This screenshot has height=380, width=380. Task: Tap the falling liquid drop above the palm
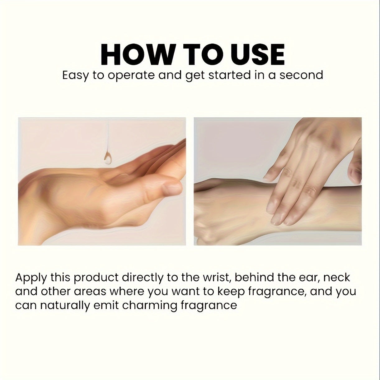point(108,158)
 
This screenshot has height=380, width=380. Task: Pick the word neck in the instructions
point(337,277)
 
